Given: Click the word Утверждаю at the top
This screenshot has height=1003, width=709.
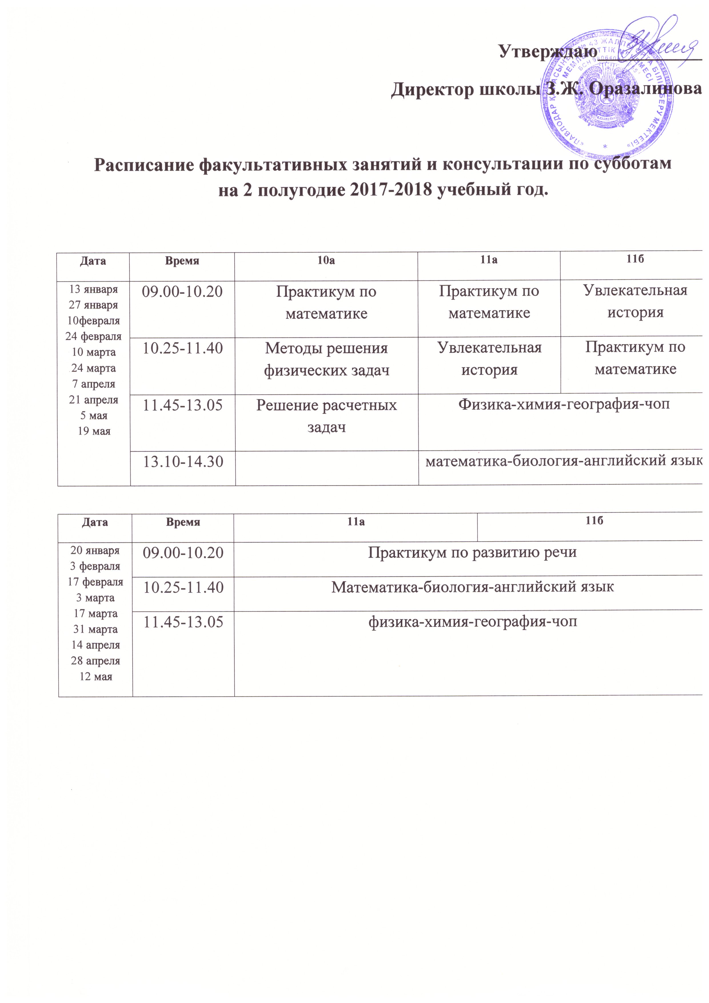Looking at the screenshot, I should [548, 51].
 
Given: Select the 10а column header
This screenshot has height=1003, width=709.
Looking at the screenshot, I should [326, 261].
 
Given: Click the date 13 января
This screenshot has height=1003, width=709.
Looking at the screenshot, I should [93, 289].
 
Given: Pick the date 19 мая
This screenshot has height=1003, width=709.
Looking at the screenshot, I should [94, 431].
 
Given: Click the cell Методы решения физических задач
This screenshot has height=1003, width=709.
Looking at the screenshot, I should [326, 359].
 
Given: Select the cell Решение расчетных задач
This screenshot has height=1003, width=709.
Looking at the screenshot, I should [326, 416].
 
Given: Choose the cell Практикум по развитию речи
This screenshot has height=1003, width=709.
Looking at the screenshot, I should [472, 552].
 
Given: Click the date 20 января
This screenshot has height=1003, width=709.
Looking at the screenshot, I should [95, 551].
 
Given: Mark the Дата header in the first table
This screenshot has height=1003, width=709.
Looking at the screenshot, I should [93, 261].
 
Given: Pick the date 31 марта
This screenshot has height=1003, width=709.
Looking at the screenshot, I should [95, 629].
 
